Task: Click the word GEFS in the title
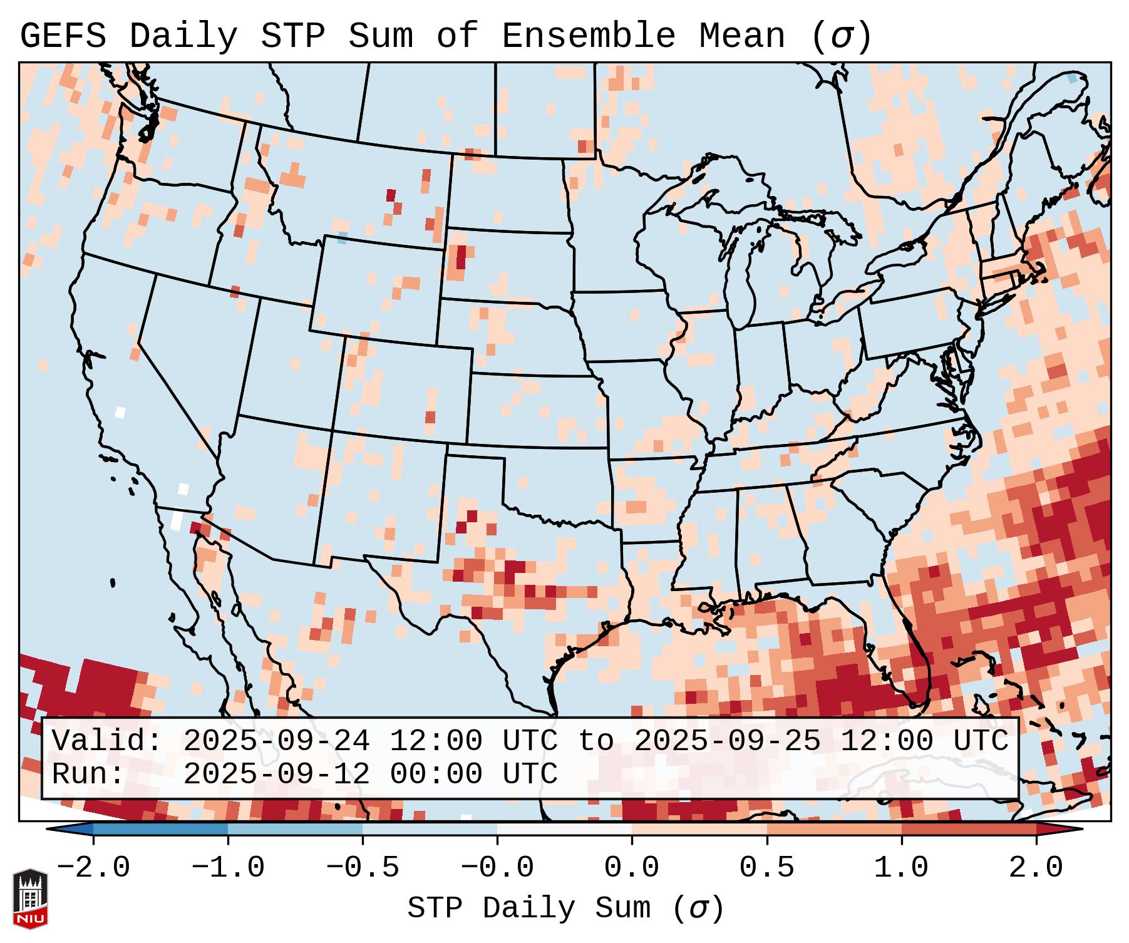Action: click(63, 36)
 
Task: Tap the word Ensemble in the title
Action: click(589, 36)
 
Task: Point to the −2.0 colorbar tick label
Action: click(93, 868)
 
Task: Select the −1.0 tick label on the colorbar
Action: click(228, 868)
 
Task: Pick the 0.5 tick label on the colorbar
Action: click(767, 868)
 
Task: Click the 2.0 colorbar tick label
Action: click(1036, 868)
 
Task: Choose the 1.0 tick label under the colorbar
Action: click(902, 868)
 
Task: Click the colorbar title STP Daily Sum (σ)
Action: click(565, 909)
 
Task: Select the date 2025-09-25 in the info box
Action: click(727, 741)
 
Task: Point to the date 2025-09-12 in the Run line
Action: click(276, 774)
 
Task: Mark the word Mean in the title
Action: click(742, 36)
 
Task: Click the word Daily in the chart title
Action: click(183, 36)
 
